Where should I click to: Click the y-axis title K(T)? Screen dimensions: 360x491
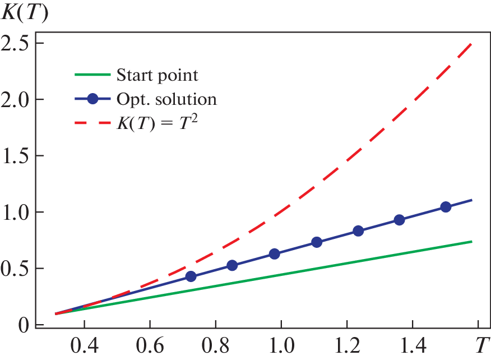pyautogui.click(x=25, y=12)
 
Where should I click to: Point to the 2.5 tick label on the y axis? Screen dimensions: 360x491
pyautogui.click(x=16, y=43)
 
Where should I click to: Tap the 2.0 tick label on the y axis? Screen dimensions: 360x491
pyautogui.click(x=16, y=99)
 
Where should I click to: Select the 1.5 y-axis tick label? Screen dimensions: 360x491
pyautogui.click(x=16, y=156)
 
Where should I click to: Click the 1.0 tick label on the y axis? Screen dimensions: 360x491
pyautogui.click(x=16, y=213)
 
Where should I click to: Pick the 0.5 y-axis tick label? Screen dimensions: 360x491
pyautogui.click(x=16, y=269)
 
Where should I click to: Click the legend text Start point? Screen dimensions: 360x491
pyautogui.click(x=158, y=75)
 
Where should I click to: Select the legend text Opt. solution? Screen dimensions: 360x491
pyautogui.click(x=166, y=99)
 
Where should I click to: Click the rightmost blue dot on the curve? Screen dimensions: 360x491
pyautogui.click(x=446, y=207)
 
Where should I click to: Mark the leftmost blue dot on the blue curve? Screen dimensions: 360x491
pyautogui.click(x=191, y=276)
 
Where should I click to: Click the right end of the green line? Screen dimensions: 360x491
pyautogui.click(x=471, y=241)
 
